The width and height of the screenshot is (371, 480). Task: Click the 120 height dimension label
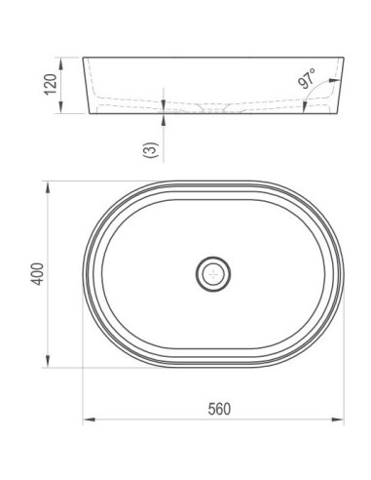(x=51, y=85)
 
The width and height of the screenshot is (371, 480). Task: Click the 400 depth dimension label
(x=37, y=274)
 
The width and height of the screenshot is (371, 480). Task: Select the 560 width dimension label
(x=219, y=409)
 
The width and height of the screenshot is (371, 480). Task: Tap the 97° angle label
(x=307, y=78)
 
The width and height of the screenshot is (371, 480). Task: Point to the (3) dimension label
(x=151, y=150)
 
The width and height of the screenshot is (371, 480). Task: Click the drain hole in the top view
(x=213, y=274)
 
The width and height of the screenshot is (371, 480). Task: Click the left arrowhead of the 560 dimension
(x=89, y=420)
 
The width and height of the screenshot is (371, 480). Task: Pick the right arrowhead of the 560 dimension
(x=338, y=420)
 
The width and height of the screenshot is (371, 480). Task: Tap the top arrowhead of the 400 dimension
(x=48, y=188)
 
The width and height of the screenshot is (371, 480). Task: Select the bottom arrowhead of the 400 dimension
(x=48, y=361)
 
